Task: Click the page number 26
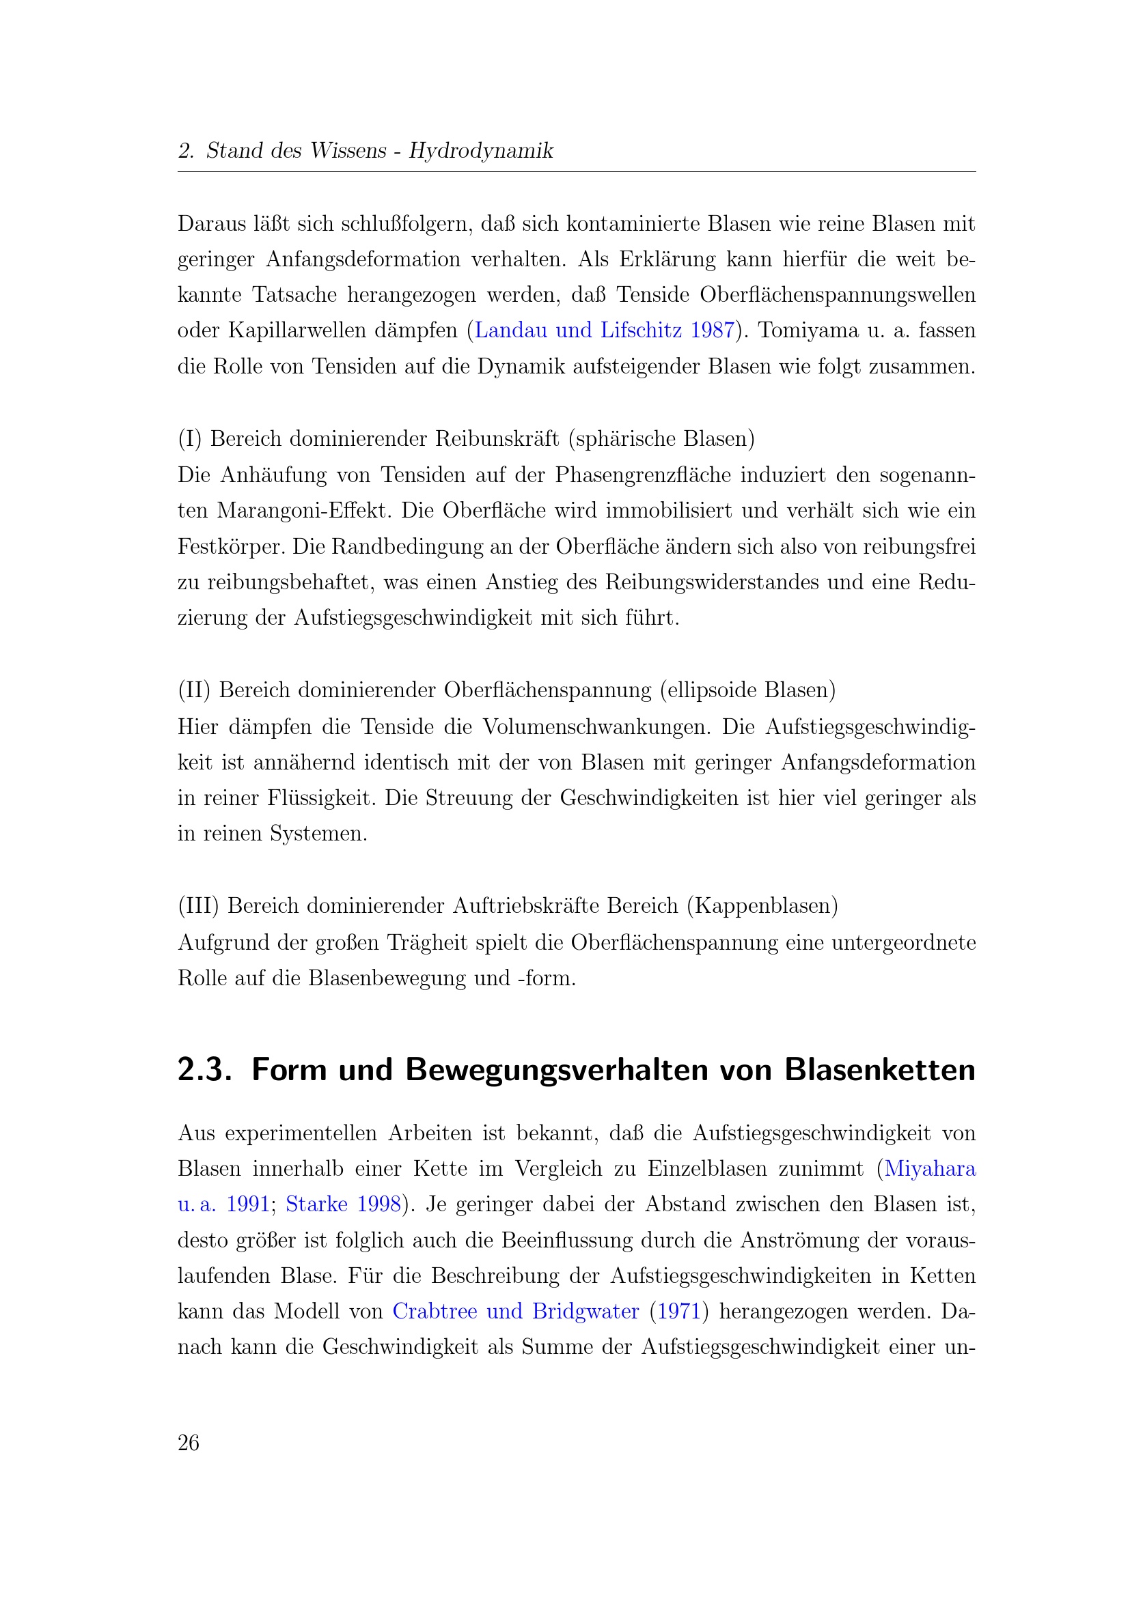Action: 189,1443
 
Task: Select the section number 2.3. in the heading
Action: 204,1070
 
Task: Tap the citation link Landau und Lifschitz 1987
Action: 604,330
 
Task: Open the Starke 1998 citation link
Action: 344,1204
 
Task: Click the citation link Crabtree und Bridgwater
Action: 516,1311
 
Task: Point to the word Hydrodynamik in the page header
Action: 481,150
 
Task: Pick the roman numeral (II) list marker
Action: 194,690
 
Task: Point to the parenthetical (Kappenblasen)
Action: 762,905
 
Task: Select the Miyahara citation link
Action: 930,1168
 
